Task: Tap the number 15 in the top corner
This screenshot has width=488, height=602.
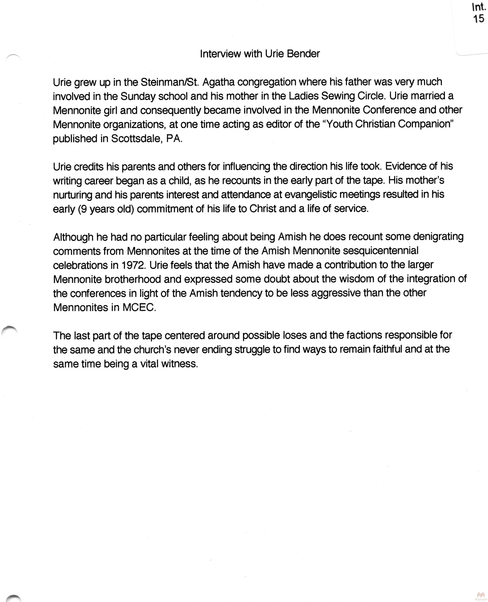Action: point(479,19)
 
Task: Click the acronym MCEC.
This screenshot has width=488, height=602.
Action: point(139,307)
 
